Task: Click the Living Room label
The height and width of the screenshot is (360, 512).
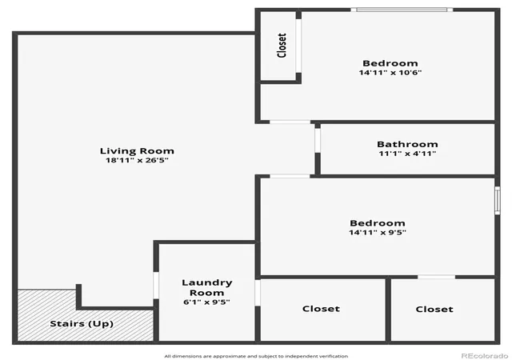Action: [137, 151]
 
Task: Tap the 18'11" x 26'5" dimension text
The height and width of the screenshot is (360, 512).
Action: [137, 160]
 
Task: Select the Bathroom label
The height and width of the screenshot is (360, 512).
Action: [407, 144]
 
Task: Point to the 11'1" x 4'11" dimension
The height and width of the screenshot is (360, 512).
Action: [407, 154]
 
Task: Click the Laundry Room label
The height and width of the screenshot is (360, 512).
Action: [207, 287]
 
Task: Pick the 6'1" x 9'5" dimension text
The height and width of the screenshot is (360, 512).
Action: [206, 302]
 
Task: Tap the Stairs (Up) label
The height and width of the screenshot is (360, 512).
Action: [82, 324]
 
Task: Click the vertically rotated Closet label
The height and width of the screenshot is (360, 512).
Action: [282, 46]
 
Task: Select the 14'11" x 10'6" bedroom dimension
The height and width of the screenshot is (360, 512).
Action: [390, 72]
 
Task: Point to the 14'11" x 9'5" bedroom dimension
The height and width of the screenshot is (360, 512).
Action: [378, 232]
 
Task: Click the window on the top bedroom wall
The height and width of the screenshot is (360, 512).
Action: [402, 10]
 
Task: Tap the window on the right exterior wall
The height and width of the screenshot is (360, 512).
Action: [498, 200]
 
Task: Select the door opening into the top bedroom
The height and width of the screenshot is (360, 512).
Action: [290, 122]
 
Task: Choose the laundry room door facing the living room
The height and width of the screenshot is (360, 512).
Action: [156, 285]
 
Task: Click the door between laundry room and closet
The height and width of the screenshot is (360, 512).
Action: [258, 293]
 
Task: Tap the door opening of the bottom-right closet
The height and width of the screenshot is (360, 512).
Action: [437, 277]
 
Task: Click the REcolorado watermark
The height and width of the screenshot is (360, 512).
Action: [485, 355]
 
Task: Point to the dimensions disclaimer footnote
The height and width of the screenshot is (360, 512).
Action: [256, 356]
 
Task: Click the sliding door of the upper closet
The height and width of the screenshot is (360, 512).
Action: [298, 46]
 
